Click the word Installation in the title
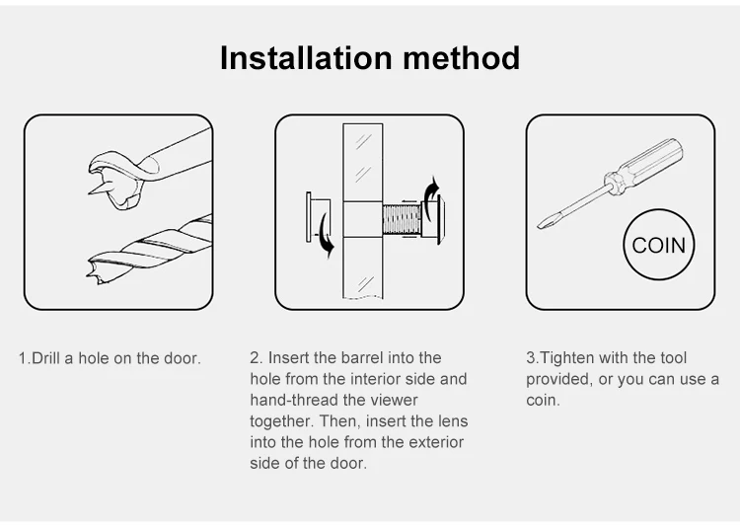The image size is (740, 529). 306,58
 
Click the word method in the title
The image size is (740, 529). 461,58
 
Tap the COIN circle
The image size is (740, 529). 659,245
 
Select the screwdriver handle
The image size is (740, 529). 644,165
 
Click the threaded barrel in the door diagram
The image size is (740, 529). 402,220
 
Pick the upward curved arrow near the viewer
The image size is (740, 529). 432,197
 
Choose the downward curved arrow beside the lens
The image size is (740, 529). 326,235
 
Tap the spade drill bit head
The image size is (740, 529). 115,180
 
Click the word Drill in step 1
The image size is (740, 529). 45,358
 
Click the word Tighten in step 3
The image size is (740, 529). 564,358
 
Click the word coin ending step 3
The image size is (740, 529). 542,400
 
